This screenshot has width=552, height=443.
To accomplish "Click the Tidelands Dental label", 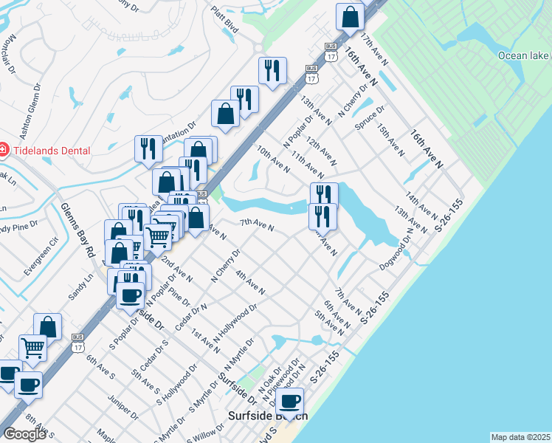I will pos(50,151).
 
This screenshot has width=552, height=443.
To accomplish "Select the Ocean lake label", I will pos(522,55).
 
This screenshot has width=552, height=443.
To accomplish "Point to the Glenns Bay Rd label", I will pos(78,230).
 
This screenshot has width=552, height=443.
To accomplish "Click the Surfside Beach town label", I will pos(267,416).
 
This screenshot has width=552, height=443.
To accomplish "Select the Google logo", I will pos(24,433).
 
